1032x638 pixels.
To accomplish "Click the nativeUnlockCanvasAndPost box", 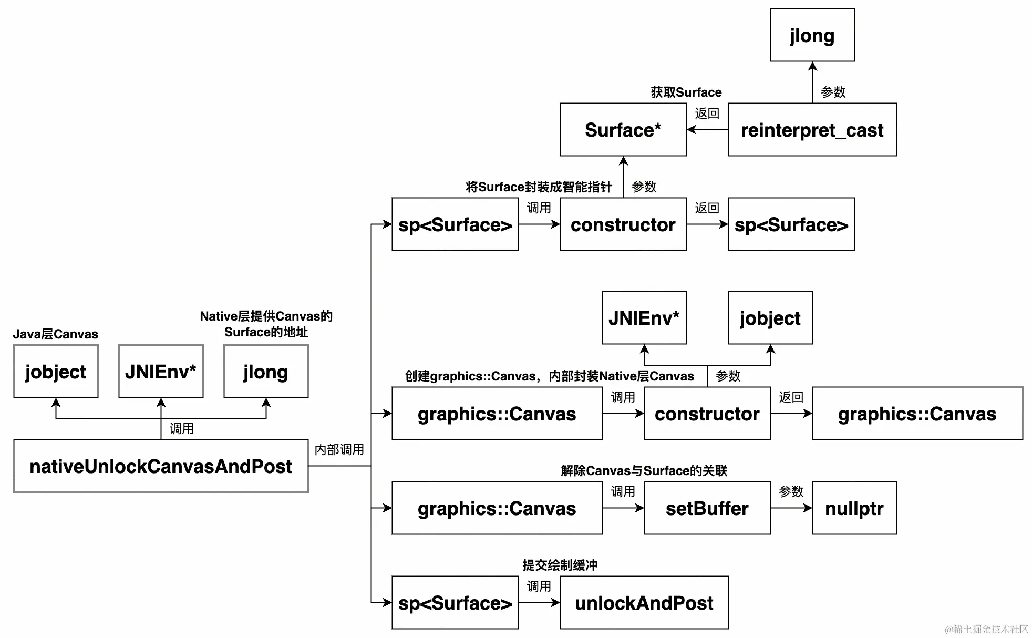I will pyautogui.click(x=161, y=466).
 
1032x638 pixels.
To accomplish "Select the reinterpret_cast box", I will pyautogui.click(x=812, y=130).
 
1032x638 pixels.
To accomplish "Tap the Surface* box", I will pyautogui.click(x=623, y=130).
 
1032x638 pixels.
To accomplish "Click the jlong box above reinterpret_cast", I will pyautogui.click(x=812, y=35).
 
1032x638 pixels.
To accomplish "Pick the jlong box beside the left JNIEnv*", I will pyautogui.click(x=266, y=372).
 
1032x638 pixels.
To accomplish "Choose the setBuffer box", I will pyautogui.click(x=707, y=508).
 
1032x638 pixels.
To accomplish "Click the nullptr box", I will pyautogui.click(x=854, y=508).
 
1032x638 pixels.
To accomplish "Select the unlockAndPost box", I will pyautogui.click(x=644, y=603).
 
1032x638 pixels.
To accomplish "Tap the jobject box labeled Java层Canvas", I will pyautogui.click(x=56, y=372).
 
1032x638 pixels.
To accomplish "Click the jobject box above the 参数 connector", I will pyautogui.click(x=770, y=318).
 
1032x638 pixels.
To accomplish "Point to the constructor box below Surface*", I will pyautogui.click(x=623, y=224).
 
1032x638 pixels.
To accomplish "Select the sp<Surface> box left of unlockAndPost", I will pyautogui.click(x=455, y=603).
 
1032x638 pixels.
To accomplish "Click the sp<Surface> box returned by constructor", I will pyautogui.click(x=791, y=224).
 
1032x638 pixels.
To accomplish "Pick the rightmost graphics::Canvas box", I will pyautogui.click(x=917, y=414).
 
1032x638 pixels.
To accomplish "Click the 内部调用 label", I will pyautogui.click(x=339, y=450).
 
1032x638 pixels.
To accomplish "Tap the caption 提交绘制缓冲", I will pyautogui.click(x=560, y=565).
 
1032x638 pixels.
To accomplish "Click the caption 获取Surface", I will pyautogui.click(x=686, y=92).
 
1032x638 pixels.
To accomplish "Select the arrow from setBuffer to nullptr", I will pyautogui.click(x=791, y=508).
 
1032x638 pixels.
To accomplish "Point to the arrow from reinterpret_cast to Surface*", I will pyautogui.click(x=707, y=130).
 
